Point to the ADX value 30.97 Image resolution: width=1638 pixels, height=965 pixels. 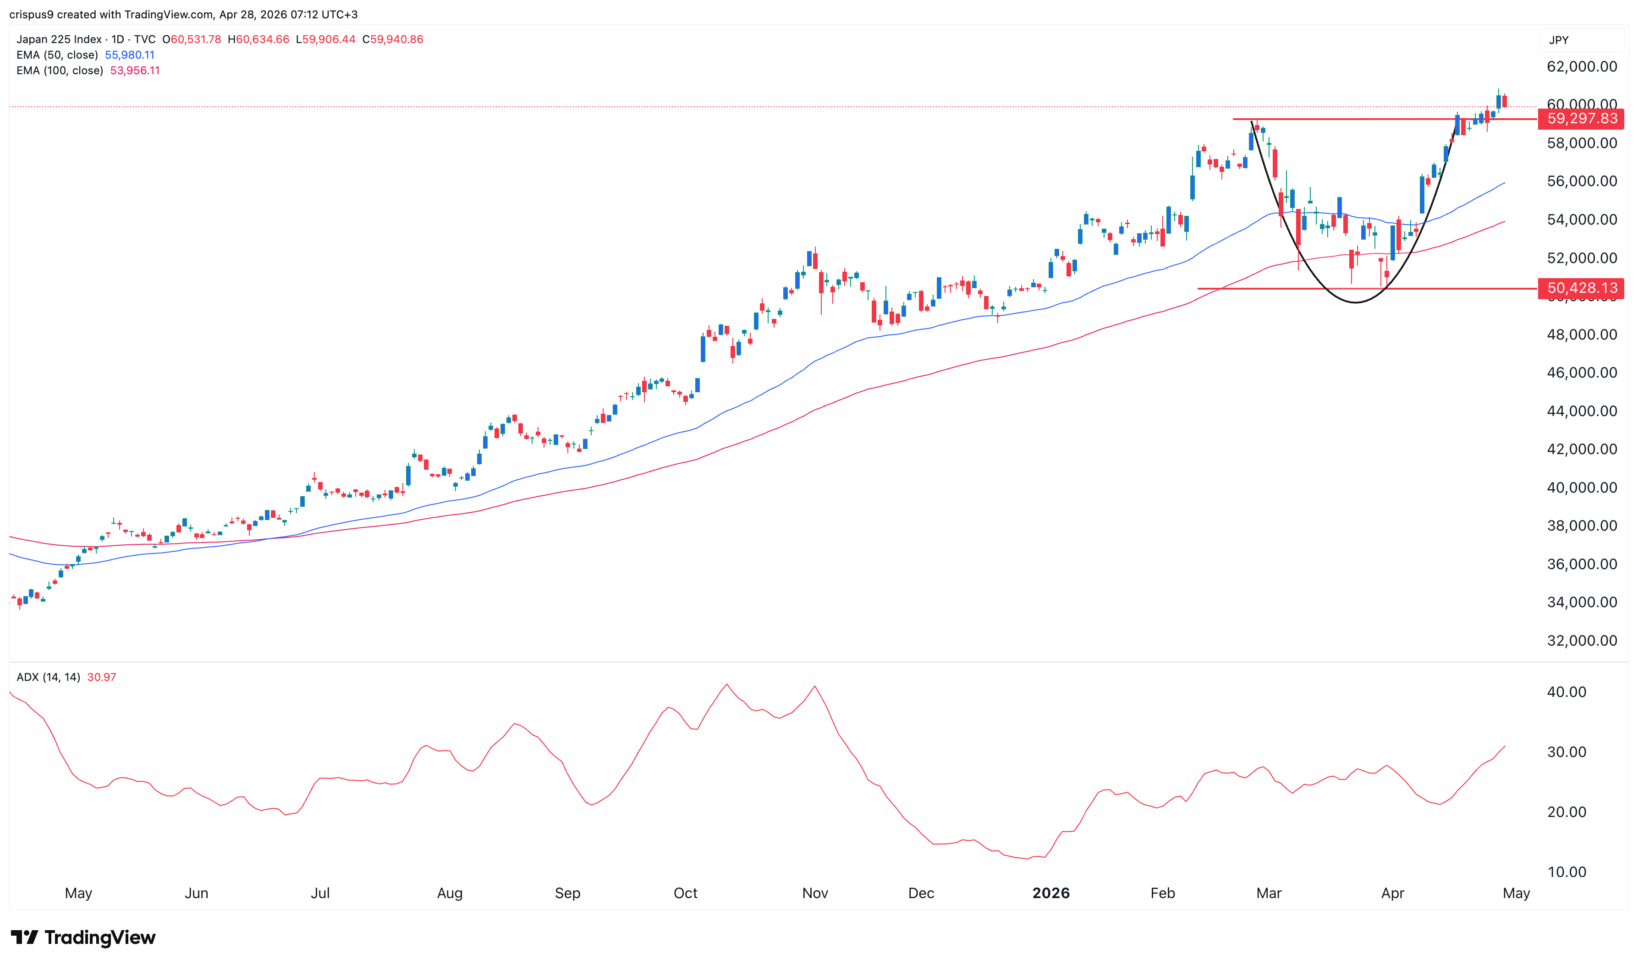(101, 677)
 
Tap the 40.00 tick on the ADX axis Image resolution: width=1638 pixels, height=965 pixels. (1566, 692)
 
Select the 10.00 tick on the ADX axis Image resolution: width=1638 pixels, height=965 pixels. (1566, 872)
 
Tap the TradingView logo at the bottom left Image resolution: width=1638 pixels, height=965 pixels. (83, 937)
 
